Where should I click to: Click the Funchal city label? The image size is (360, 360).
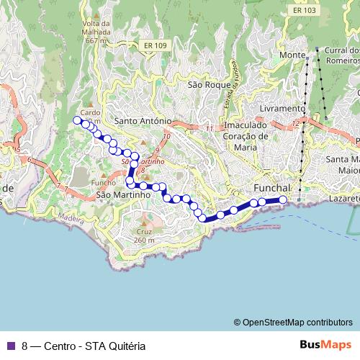271,187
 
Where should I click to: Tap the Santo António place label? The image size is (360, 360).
143,121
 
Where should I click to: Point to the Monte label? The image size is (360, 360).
293,55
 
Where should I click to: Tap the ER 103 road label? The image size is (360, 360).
305,10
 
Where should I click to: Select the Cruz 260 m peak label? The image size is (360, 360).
143,235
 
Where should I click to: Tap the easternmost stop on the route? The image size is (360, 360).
283,199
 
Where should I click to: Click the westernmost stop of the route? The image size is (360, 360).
77,120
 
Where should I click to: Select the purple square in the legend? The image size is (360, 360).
10,346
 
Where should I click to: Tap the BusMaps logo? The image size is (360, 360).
325,345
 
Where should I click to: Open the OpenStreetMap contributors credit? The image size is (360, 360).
297,322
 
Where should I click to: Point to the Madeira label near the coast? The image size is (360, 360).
71,217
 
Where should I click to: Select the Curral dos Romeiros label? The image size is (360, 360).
341,55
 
